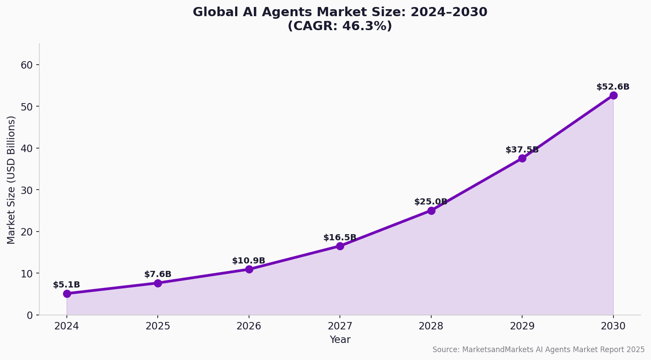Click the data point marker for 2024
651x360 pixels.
pos(67,294)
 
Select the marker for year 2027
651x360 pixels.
pos(340,246)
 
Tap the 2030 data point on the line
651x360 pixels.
pos(613,95)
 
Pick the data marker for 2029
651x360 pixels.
pos(522,158)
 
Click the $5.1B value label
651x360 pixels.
pos(66,285)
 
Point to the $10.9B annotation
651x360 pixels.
pos(249,261)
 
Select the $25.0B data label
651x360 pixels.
pos(431,202)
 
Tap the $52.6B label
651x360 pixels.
pos(613,87)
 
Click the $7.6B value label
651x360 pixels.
pos(158,274)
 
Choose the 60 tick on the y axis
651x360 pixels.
pos(27,65)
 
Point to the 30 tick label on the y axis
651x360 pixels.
pos(27,190)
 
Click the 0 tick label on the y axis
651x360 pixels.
pos(30,315)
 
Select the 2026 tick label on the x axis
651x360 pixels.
pos(249,326)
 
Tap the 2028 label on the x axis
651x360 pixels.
pos(431,326)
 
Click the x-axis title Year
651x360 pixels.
pos(340,340)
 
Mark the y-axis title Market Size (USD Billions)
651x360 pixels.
pos(11,180)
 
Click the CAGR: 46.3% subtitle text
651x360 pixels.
pos(340,26)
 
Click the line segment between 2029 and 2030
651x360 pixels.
pos(568,127)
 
